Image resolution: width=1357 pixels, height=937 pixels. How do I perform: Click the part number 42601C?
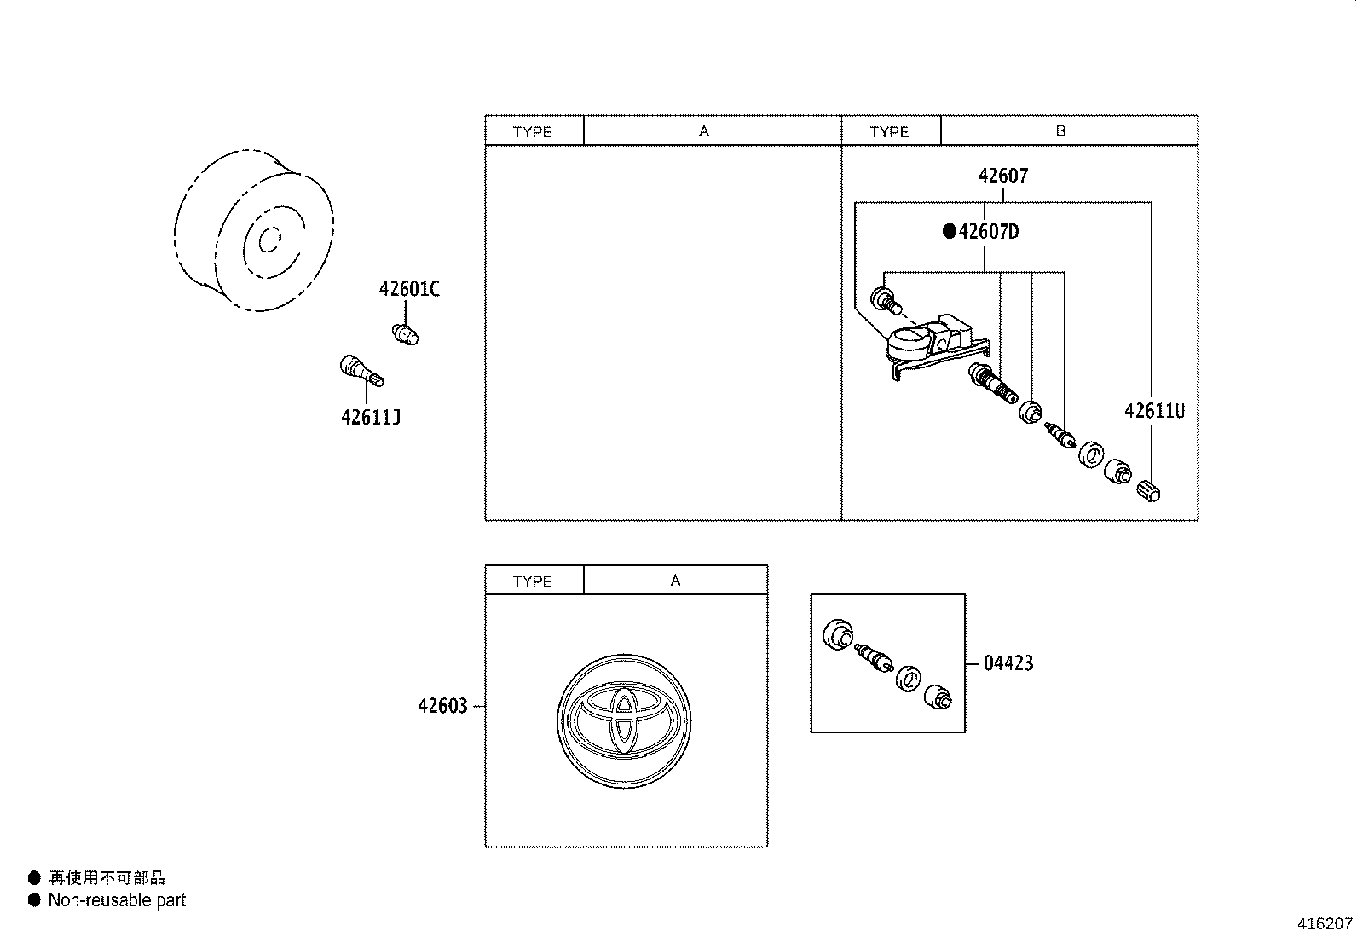[409, 289]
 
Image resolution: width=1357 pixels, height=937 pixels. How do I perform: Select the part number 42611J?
[371, 417]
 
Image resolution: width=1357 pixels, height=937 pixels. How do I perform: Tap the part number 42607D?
[989, 231]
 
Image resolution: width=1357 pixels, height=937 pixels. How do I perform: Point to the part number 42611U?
[1154, 411]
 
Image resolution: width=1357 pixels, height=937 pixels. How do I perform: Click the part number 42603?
[443, 706]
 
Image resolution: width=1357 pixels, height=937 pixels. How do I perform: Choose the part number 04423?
[1008, 663]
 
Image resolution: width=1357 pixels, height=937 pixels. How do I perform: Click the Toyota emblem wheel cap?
[624, 721]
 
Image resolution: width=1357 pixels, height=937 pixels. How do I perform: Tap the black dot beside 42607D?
[950, 231]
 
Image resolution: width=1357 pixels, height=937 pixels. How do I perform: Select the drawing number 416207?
[1325, 923]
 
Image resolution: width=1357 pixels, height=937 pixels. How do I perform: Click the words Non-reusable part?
[117, 900]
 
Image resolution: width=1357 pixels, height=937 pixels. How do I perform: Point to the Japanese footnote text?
[107, 877]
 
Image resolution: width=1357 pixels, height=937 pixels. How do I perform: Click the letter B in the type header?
[1060, 131]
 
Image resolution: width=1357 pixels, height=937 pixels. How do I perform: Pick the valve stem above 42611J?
[361, 370]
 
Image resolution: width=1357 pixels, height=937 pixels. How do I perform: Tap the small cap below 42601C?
[405, 334]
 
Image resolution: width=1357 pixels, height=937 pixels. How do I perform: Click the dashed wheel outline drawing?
[254, 230]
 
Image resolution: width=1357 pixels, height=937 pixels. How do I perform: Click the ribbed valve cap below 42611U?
[1148, 490]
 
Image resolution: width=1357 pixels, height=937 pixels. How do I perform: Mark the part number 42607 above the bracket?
[1003, 176]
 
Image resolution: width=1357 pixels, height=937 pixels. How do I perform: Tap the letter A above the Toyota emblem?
[675, 581]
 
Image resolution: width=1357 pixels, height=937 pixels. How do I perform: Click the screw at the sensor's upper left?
[886, 301]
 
